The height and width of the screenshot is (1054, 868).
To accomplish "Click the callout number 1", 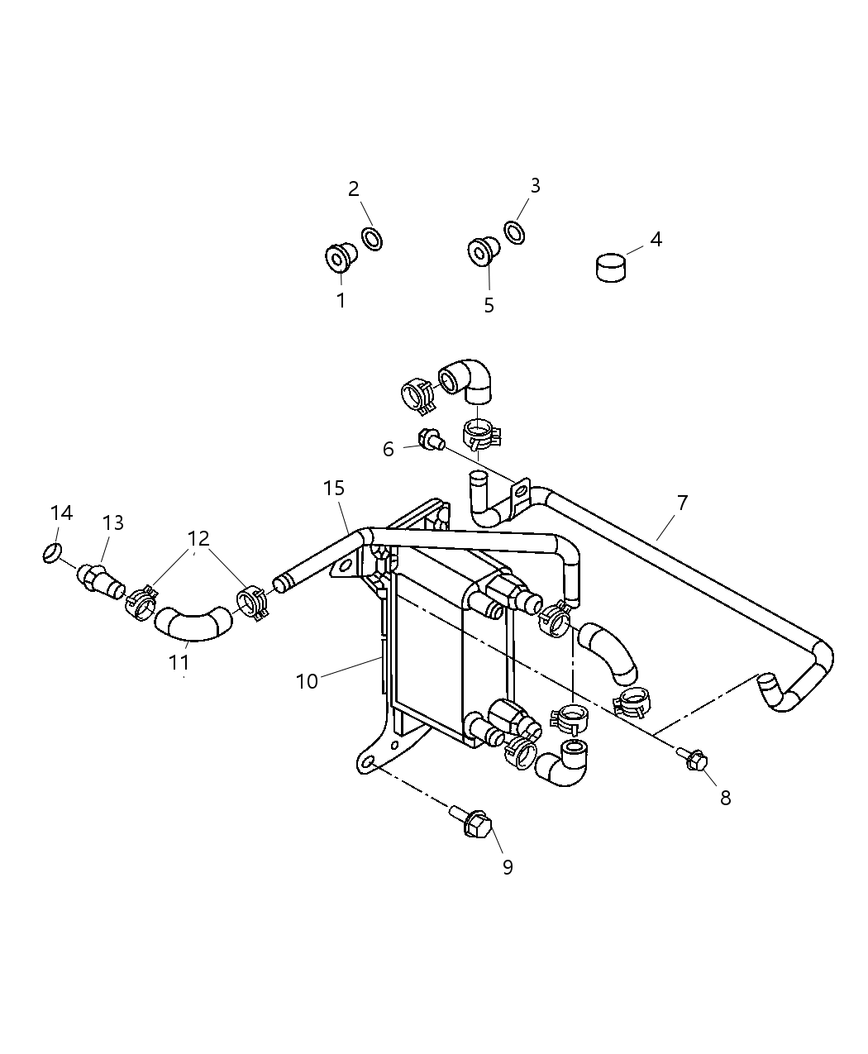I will (341, 301).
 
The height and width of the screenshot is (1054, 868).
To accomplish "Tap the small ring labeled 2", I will (373, 239).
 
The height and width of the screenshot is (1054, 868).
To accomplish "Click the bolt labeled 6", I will (432, 441).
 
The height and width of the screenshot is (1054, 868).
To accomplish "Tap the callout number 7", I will (682, 503).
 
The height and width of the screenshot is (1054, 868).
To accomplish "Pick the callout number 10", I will (307, 681).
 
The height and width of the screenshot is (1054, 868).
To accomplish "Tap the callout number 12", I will (198, 539).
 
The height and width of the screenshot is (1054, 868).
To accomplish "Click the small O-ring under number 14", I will (53, 552).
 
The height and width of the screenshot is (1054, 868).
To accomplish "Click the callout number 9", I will (508, 866).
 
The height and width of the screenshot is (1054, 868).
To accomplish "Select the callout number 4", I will (656, 240).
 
